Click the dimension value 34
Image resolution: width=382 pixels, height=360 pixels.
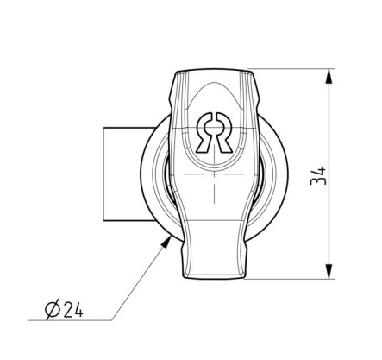[318, 176]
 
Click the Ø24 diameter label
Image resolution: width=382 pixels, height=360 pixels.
[65, 309]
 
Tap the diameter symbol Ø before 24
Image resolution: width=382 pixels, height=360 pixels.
[53, 310]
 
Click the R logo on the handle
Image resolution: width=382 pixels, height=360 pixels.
[214, 132]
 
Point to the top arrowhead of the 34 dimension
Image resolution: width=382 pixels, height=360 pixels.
[329, 76]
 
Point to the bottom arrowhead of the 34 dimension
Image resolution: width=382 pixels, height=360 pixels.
[329, 271]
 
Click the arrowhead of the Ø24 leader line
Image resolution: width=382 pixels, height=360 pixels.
[166, 241]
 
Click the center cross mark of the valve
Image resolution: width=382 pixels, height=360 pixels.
[214, 174]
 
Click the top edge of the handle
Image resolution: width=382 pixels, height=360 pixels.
[215, 69]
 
